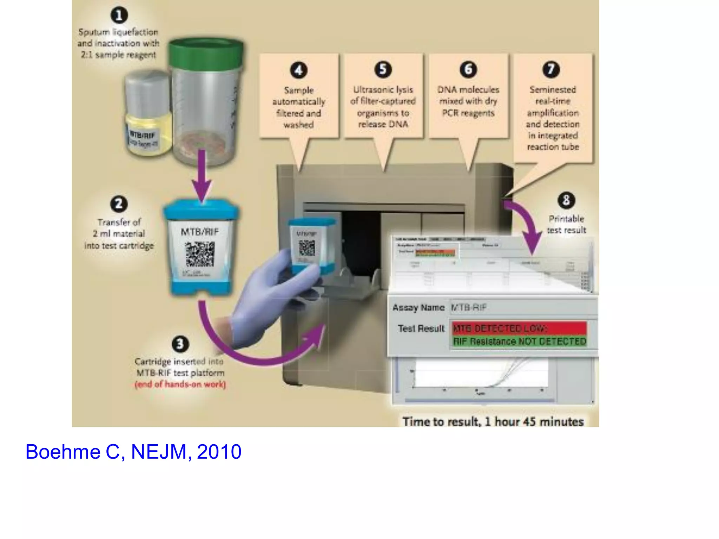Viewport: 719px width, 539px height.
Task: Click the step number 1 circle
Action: (x=119, y=15)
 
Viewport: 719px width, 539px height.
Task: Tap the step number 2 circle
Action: (x=119, y=204)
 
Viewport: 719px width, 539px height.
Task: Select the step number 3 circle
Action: (x=180, y=344)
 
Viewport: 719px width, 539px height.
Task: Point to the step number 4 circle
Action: (x=298, y=70)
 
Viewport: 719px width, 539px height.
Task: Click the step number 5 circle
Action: (x=383, y=69)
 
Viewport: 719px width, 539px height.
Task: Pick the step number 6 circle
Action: (x=468, y=69)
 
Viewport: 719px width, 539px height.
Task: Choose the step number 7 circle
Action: (x=551, y=69)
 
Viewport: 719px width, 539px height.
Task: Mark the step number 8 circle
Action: (x=566, y=200)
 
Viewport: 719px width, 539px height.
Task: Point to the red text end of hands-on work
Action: (x=180, y=385)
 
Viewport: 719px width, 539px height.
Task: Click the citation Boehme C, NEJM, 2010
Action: (x=133, y=452)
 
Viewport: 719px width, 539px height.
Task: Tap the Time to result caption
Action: (x=493, y=421)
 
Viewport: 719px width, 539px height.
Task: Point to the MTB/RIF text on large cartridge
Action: (x=199, y=232)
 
